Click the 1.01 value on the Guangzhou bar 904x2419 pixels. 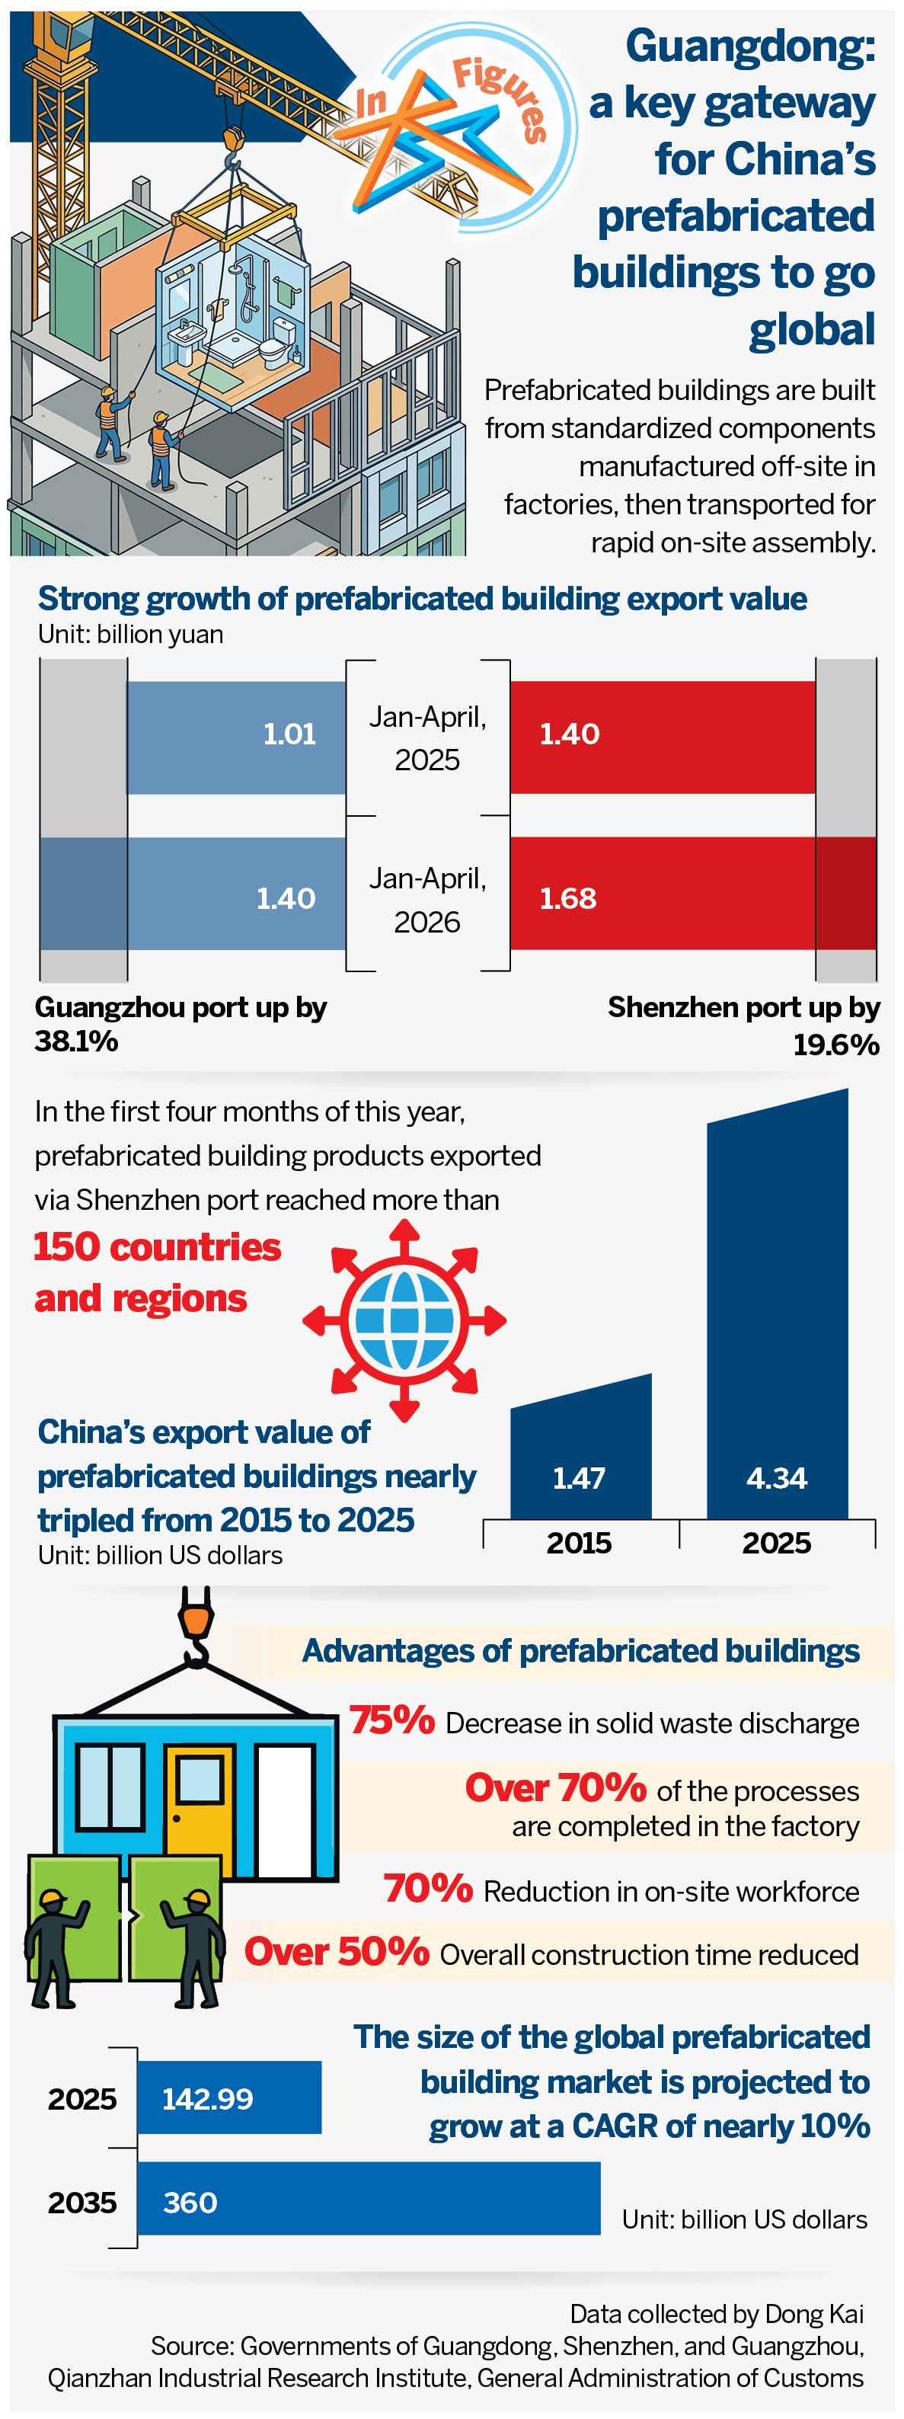coord(289,734)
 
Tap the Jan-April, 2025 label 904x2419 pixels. coord(427,738)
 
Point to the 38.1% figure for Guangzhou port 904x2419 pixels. coord(76,1041)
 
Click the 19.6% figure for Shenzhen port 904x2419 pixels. coord(835,1045)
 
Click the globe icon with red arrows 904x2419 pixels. coord(404,1320)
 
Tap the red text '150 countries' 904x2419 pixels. coord(158,1247)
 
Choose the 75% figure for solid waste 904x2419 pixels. coord(392,1720)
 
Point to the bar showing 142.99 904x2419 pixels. coord(229,2097)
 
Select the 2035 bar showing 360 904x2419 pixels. coord(368,2198)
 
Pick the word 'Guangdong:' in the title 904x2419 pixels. coord(750,47)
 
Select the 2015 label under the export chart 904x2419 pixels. coord(580,1543)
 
